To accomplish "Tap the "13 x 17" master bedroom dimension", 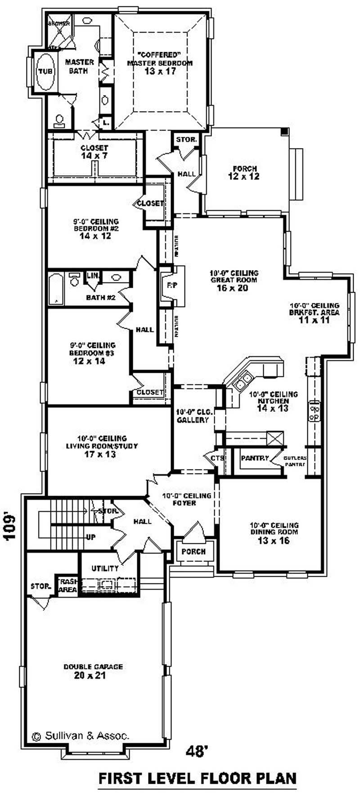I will tap(160, 71).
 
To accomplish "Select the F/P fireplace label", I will tap(171, 285).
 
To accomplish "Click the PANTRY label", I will tap(255, 458).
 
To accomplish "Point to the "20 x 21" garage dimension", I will tap(93, 675).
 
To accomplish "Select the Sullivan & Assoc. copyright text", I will tap(81, 736).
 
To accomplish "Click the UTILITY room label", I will tap(105, 569).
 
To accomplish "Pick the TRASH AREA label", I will tap(67, 585).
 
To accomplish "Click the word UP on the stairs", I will tap(90, 537).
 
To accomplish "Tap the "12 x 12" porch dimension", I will tap(243, 176).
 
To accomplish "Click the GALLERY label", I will tap(193, 420).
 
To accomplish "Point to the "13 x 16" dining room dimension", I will tap(274, 541).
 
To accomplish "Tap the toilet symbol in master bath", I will tap(59, 120).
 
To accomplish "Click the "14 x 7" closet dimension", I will tap(94, 156).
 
